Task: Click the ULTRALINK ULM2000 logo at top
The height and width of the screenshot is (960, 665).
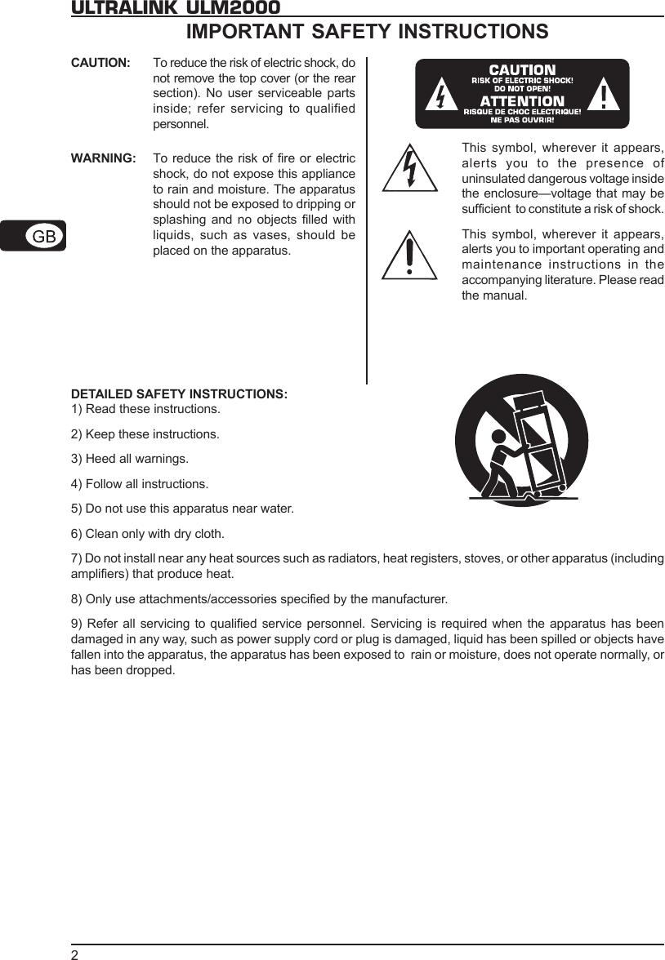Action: tap(176, 7)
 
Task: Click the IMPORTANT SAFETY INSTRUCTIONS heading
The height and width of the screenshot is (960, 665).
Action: tap(368, 32)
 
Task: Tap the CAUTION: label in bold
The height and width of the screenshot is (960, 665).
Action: tap(100, 63)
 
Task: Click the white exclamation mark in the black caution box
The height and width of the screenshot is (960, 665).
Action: tap(603, 96)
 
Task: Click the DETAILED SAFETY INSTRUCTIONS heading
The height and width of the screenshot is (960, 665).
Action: tap(180, 394)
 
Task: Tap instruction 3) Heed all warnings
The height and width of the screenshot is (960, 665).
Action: tap(130, 458)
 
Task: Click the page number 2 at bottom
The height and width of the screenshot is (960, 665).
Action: tap(74, 954)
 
